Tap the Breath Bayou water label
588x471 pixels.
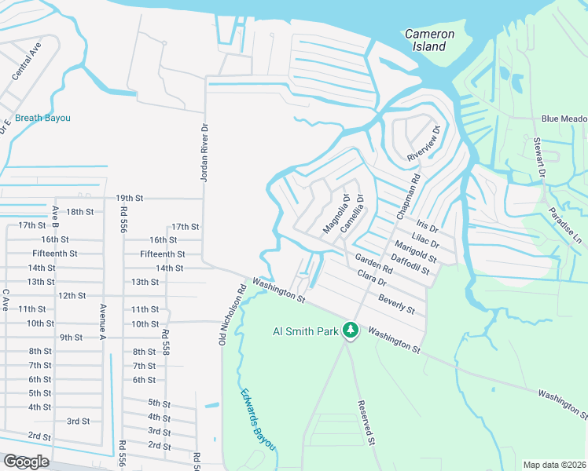point(43,119)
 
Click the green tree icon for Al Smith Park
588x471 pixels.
point(351,331)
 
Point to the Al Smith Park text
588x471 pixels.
point(305,330)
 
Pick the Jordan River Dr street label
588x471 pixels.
point(204,153)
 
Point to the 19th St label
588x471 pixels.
point(127,199)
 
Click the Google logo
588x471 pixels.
point(26,461)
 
